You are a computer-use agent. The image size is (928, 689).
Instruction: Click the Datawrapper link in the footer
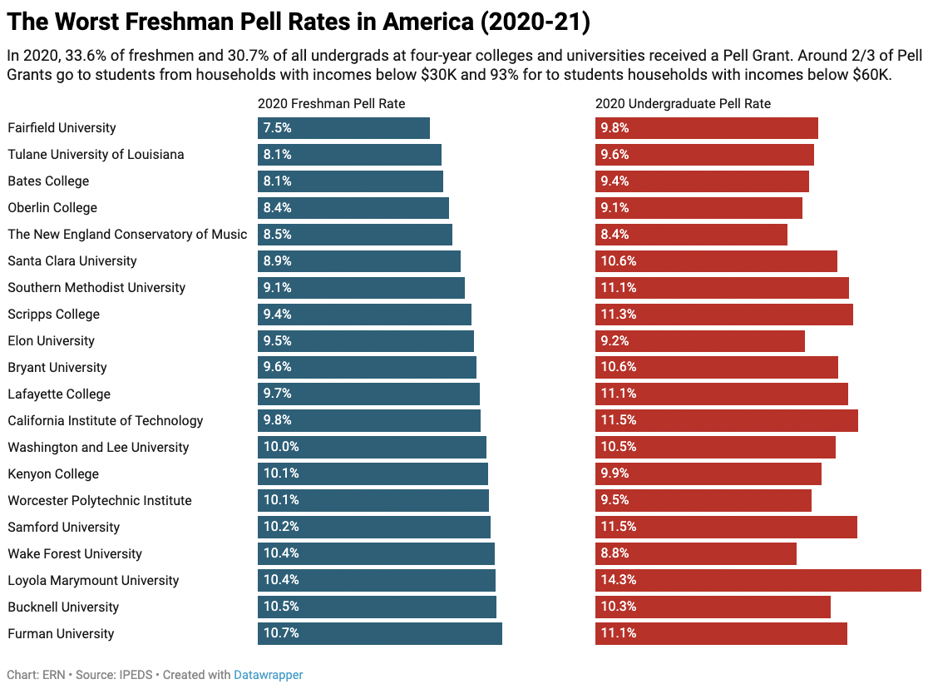click(x=268, y=675)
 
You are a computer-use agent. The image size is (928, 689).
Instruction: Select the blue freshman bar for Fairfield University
click(x=343, y=128)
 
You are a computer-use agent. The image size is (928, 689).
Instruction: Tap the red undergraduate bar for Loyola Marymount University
click(x=758, y=581)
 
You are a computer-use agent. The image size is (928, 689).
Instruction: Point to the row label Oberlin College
click(x=52, y=208)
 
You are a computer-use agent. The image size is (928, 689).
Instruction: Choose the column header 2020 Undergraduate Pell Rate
click(x=683, y=104)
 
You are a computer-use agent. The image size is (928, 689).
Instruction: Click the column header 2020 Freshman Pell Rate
click(x=331, y=104)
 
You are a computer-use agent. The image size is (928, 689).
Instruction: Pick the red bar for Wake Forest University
click(x=695, y=554)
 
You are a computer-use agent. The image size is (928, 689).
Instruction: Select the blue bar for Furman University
click(x=379, y=634)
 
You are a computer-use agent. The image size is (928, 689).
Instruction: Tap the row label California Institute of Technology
click(x=106, y=421)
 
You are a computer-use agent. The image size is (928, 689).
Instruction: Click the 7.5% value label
click(x=277, y=128)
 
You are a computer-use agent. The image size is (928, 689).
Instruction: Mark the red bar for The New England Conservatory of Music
click(x=691, y=235)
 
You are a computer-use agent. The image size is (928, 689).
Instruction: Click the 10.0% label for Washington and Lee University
click(x=281, y=448)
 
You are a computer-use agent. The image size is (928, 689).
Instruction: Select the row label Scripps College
click(x=53, y=315)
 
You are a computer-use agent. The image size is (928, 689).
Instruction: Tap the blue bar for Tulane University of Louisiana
click(x=349, y=155)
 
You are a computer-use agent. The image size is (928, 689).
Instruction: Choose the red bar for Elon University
click(x=699, y=341)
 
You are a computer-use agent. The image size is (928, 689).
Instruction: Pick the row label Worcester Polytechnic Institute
click(x=100, y=501)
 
